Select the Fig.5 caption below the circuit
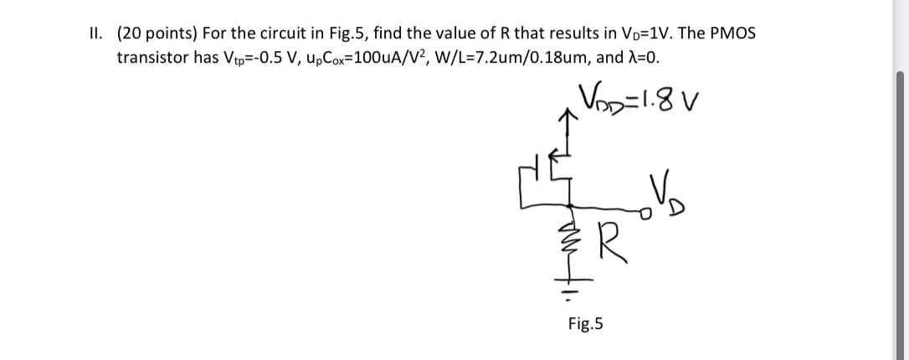585,324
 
